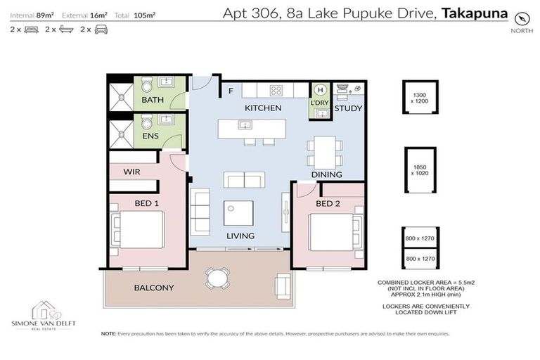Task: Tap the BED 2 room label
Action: (328, 204)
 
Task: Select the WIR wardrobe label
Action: (132, 171)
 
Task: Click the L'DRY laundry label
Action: (319, 104)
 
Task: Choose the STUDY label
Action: (347, 109)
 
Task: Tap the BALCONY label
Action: (154, 288)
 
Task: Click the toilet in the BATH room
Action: (146, 86)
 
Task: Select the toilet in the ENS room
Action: (146, 128)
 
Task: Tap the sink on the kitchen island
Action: (244, 126)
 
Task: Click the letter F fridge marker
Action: (230, 91)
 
